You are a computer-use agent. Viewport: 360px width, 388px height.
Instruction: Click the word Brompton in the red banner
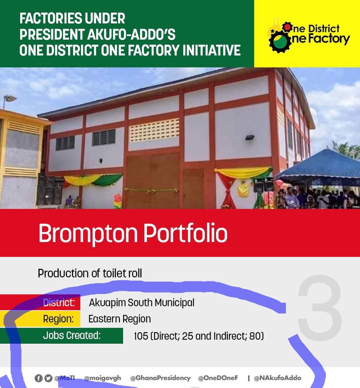pyautogui.click(x=88, y=233)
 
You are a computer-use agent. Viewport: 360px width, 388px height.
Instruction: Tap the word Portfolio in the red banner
pyautogui.click(x=185, y=233)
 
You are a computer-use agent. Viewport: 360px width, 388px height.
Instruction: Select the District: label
pyautogui.click(x=59, y=302)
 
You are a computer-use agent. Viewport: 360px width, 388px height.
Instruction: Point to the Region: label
pyautogui.click(x=58, y=319)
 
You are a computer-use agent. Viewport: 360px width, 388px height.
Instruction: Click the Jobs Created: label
pyautogui.click(x=72, y=335)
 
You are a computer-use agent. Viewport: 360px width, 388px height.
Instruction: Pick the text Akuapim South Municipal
pyautogui.click(x=141, y=302)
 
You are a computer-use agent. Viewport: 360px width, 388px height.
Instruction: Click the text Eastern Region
pyautogui.click(x=119, y=319)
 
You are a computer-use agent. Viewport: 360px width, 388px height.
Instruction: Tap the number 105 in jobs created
pyautogui.click(x=141, y=336)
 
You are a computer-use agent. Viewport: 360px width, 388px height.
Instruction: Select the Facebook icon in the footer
pyautogui.click(x=38, y=378)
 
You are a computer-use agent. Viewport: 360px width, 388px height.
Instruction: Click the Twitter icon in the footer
pyautogui.click(x=48, y=378)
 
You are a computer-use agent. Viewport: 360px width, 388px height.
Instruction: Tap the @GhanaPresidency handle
pyautogui.click(x=160, y=378)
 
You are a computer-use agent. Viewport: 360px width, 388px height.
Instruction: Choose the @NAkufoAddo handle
pyautogui.click(x=277, y=378)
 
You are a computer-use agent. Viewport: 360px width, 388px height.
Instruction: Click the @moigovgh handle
pyautogui.click(x=102, y=378)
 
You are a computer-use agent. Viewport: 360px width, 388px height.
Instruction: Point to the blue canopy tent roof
pyautogui.click(x=319, y=164)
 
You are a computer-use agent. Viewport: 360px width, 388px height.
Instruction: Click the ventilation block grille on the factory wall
pyautogui.click(x=154, y=130)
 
